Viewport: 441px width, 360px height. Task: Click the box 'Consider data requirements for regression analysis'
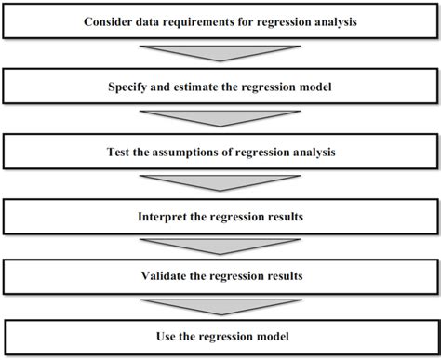coord(220,21)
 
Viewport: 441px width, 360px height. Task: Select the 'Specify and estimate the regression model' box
coord(220,87)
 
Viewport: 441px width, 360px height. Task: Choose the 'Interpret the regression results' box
coord(220,217)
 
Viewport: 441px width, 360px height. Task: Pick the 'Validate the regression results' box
coord(220,276)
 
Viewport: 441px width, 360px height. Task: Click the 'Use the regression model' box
coord(220,336)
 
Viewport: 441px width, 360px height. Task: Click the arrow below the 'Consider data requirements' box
coord(220,52)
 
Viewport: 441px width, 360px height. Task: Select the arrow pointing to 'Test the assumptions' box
coord(220,118)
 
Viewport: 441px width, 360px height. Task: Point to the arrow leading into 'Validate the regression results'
coord(220,247)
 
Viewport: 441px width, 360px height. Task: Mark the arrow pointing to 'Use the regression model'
coord(220,306)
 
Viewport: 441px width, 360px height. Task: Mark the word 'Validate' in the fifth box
coord(167,276)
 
